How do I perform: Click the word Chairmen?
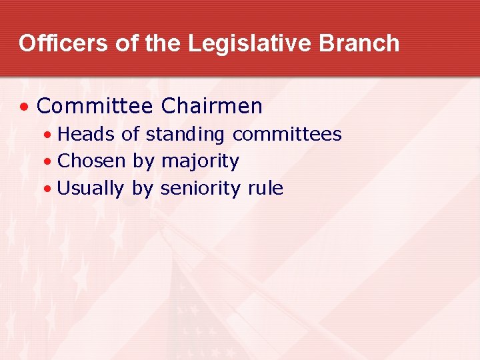click(x=212, y=106)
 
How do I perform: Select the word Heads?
click(x=87, y=135)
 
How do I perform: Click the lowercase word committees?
click(x=287, y=135)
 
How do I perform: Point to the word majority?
click(x=200, y=161)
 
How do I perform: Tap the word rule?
click(x=265, y=189)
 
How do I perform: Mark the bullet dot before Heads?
click(x=47, y=135)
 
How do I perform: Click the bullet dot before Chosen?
click(x=47, y=162)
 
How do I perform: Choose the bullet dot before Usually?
click(x=47, y=189)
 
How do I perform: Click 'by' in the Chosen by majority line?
click(x=143, y=161)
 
